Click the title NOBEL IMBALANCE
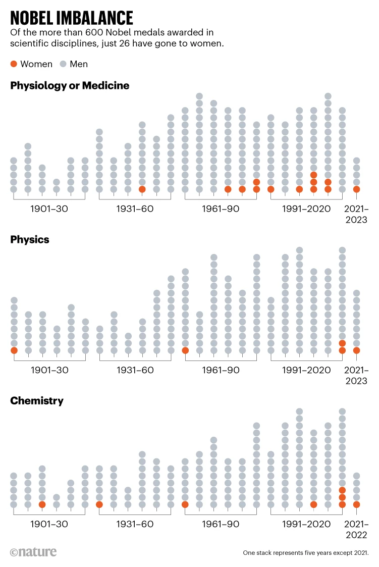[72, 18]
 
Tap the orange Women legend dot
[14, 64]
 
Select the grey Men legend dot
[63, 64]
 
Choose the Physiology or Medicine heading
[70, 86]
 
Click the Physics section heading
[30, 240]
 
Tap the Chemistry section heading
[37, 401]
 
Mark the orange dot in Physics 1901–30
[14, 350]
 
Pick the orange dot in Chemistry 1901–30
[42, 504]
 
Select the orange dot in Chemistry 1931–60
[99, 504]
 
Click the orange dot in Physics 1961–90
[185, 350]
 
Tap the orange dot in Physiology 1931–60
[142, 189]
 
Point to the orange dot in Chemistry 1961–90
[185, 504]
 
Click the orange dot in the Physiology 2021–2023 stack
[357, 189]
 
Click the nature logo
[33, 552]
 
